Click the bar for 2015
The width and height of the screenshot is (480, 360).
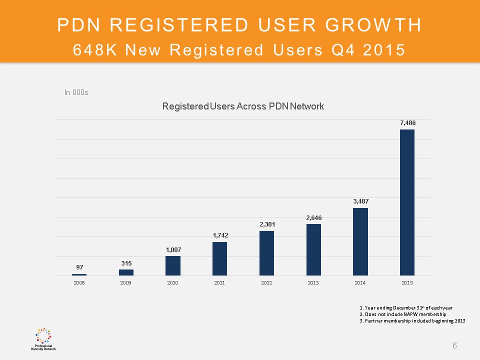(x=407, y=202)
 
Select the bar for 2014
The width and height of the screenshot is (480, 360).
(x=360, y=241)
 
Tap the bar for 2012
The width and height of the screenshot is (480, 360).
(x=266, y=253)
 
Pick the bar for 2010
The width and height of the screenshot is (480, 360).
(x=173, y=265)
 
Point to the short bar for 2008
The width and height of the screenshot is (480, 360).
(x=79, y=274)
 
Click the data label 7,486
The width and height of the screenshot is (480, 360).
(x=407, y=122)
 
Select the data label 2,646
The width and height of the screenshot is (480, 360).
(x=313, y=217)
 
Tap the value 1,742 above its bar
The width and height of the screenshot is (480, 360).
(x=219, y=235)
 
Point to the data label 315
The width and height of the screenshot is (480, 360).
(x=126, y=263)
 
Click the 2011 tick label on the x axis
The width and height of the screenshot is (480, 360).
(x=219, y=283)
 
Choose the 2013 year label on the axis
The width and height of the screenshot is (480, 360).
(x=313, y=283)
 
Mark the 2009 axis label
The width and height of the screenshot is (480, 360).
(x=126, y=283)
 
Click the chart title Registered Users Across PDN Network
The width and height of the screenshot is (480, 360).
(x=243, y=106)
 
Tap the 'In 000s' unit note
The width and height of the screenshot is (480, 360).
(x=76, y=92)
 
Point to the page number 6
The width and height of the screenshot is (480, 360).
(x=454, y=345)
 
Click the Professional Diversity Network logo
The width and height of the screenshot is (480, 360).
(x=43, y=338)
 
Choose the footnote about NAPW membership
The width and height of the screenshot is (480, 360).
(x=402, y=314)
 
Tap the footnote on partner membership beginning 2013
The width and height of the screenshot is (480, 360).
(x=412, y=321)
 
